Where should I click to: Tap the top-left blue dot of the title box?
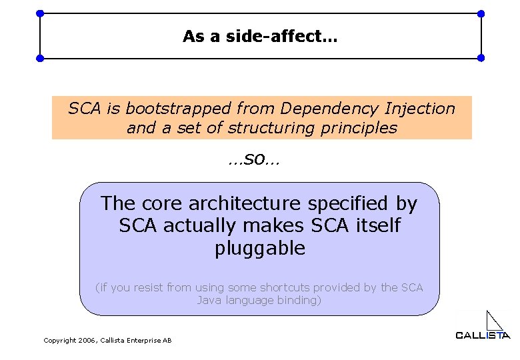(x=40, y=13)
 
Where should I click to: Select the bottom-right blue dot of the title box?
(x=481, y=58)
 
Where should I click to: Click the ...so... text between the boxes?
(x=253, y=159)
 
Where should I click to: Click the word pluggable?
(x=260, y=249)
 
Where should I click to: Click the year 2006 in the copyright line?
(x=87, y=341)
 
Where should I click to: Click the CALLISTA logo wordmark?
(x=483, y=335)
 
